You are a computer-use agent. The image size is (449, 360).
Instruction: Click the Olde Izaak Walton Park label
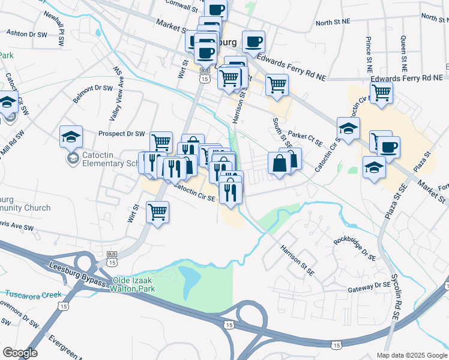click(x=133, y=284)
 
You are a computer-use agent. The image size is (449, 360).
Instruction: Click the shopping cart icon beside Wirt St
click(x=157, y=211)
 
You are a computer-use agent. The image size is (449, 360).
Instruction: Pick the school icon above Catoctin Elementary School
click(x=71, y=136)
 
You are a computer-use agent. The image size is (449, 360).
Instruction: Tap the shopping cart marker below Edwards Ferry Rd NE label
click(x=381, y=93)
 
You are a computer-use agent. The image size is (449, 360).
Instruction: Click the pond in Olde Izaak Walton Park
click(x=190, y=278)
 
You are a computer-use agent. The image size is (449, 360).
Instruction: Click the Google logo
click(x=20, y=353)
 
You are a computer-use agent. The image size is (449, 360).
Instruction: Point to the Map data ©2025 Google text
click(x=411, y=355)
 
